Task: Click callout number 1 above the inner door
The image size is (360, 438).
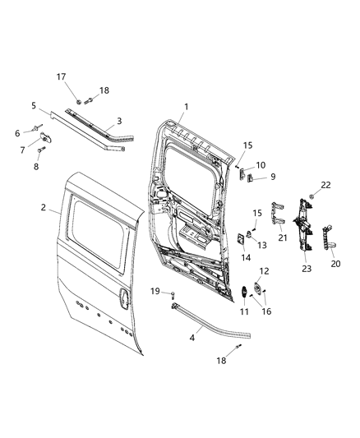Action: click(186, 107)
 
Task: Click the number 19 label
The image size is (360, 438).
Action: click(155, 292)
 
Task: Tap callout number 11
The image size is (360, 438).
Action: click(244, 312)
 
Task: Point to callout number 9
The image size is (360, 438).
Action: click(273, 176)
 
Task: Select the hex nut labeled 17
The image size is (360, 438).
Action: click(85, 101)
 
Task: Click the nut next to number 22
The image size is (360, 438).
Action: click(313, 197)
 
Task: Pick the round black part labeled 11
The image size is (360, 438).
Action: click(245, 293)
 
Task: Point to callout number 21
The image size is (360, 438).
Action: click(280, 237)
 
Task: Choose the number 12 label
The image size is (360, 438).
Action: click(264, 271)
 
